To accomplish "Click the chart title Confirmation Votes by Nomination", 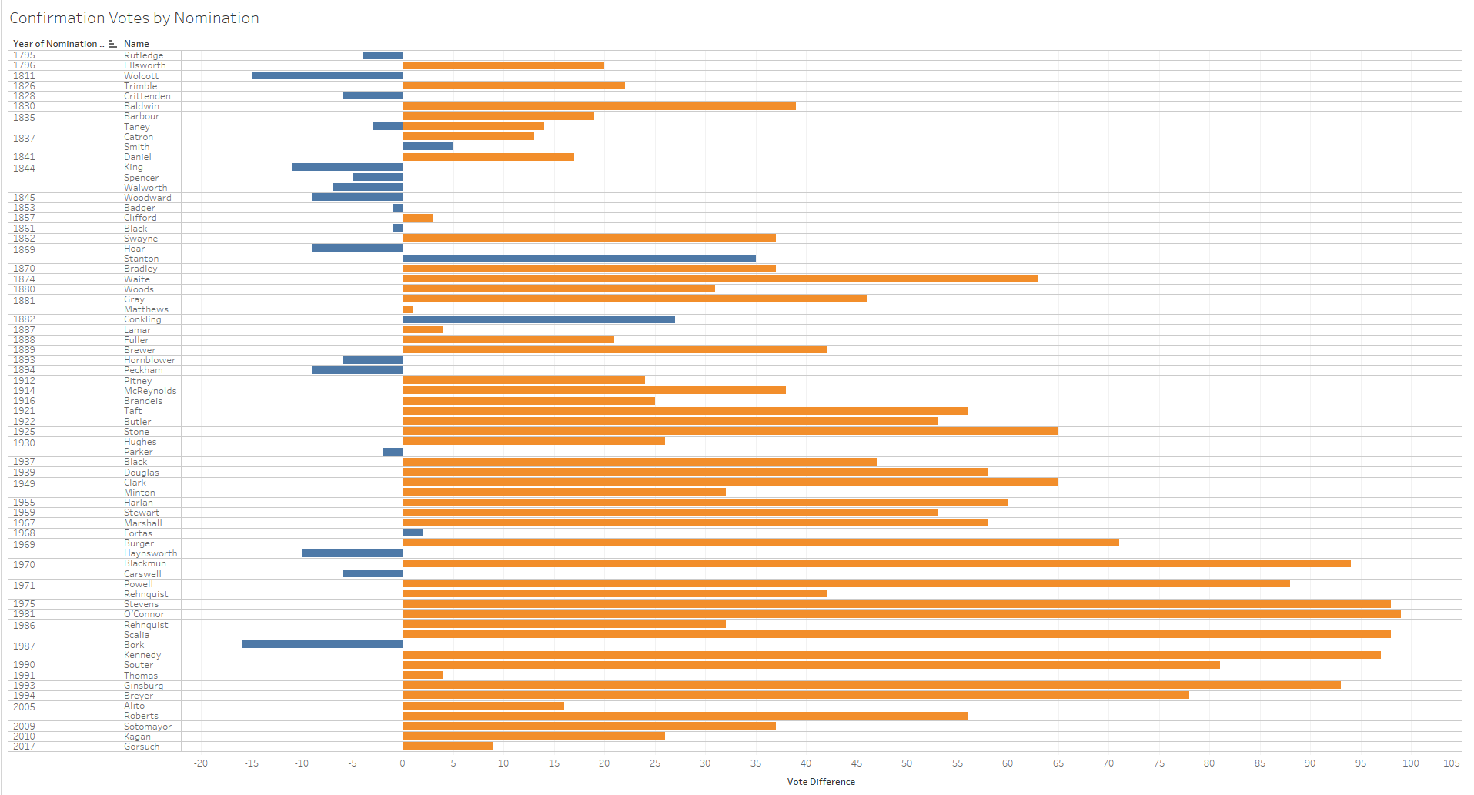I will (x=134, y=18).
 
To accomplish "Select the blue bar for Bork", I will (x=322, y=644).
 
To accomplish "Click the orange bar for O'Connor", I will (x=901, y=614).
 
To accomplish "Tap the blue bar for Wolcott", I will (x=326, y=75).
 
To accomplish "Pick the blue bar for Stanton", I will (x=579, y=259).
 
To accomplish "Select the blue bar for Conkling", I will (x=538, y=319).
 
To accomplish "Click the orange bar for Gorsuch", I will (x=447, y=746).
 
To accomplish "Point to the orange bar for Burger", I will (x=760, y=543).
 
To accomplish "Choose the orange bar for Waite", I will (x=720, y=279).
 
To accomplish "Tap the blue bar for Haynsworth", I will (x=352, y=553).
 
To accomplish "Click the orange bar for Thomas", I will (x=423, y=675).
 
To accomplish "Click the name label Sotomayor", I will (x=148, y=727).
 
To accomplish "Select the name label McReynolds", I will (x=150, y=391).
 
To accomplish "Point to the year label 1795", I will (x=24, y=55).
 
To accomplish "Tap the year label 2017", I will (x=24, y=747).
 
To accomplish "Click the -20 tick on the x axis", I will (x=201, y=763).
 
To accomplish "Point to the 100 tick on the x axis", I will (x=1410, y=763).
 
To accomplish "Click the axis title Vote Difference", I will (x=821, y=782).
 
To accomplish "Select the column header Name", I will (x=136, y=44).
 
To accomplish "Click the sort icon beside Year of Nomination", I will (x=112, y=44).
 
